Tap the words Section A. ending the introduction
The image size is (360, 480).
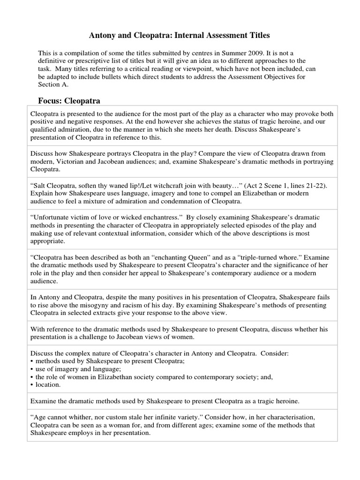click(x=53, y=84)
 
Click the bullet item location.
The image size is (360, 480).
click(x=47, y=384)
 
